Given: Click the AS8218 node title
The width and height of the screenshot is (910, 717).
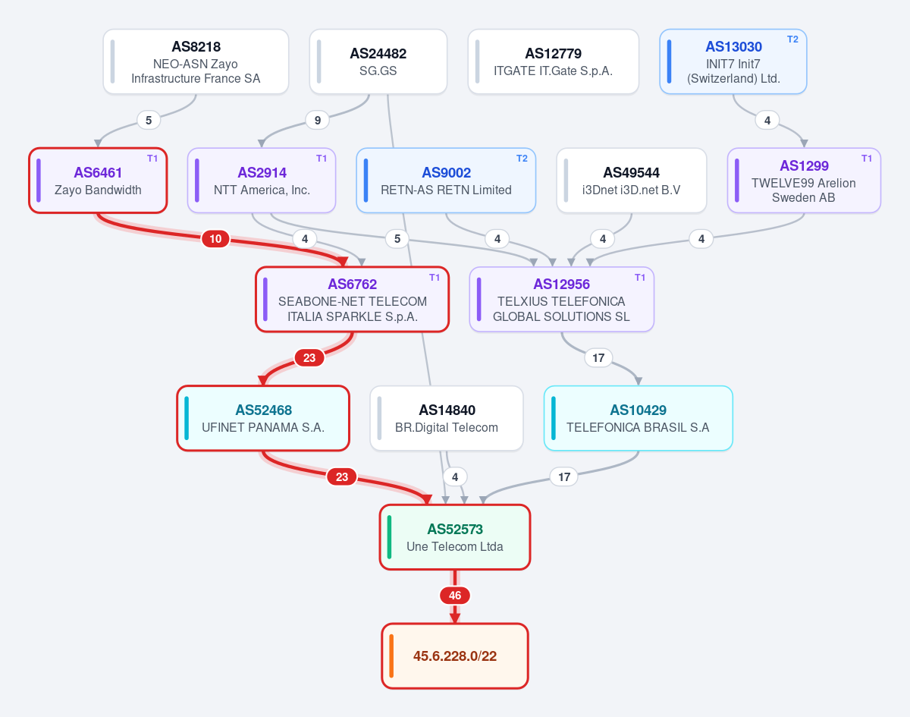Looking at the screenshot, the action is click(196, 46).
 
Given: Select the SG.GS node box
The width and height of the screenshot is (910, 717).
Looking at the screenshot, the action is click(378, 61).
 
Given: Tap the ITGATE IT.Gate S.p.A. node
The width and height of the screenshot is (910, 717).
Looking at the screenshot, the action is click(553, 61).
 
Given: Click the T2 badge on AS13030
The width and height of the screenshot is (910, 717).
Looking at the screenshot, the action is click(792, 39).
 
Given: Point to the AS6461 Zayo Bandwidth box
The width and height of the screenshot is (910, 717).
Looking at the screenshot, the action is click(98, 181).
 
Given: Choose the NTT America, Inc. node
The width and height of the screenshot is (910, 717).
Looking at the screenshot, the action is click(262, 181).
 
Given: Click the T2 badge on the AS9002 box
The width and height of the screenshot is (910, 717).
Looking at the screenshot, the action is click(522, 159).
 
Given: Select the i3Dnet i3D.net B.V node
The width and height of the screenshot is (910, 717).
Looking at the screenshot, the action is click(632, 181).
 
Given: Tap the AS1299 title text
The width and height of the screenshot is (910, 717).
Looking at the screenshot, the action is click(804, 166).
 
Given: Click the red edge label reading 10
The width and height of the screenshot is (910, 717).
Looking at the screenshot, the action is click(215, 239).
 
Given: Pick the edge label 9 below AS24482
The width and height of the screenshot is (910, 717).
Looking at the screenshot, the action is click(318, 120).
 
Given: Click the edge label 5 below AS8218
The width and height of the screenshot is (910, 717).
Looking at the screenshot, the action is click(149, 120).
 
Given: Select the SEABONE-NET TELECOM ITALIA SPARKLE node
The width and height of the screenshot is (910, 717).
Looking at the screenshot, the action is click(352, 300).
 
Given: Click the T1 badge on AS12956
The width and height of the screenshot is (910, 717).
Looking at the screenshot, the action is click(640, 278).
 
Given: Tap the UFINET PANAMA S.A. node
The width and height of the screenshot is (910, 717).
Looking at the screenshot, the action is click(263, 418).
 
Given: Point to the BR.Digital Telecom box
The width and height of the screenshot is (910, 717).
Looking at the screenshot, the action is click(447, 418).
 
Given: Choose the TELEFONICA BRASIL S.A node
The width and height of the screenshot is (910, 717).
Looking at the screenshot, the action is click(638, 418).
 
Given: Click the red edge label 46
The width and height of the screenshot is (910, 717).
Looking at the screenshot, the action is click(455, 596).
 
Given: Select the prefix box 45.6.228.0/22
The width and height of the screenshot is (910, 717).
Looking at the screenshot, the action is click(455, 656).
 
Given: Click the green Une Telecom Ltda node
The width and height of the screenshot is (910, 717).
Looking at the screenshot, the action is click(455, 537).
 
